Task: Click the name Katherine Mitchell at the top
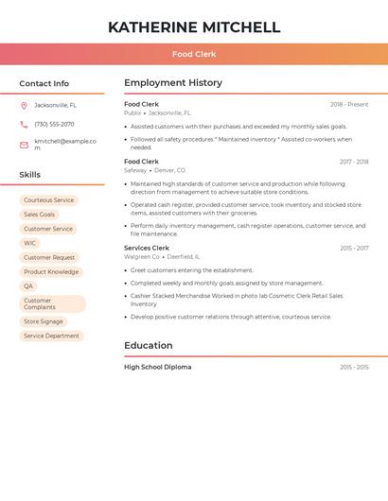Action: pos(194,27)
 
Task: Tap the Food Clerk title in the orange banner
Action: pos(194,54)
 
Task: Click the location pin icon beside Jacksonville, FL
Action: pos(24,105)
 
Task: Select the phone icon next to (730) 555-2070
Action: pos(24,124)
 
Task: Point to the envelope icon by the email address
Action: pos(24,145)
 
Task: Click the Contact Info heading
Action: pos(44,83)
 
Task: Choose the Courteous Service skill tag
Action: pos(48,200)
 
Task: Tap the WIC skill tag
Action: pos(30,243)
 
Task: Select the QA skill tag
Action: pos(28,285)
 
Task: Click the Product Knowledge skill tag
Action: pos(51,271)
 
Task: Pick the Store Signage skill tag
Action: pos(44,321)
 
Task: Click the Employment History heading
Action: pos(173,83)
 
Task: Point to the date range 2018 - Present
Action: pos(349,104)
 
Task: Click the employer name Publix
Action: pos(132,112)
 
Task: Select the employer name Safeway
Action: pos(135,170)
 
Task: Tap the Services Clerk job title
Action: pos(147,248)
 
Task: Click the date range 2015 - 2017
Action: pos(354,248)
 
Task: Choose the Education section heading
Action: pos(149,346)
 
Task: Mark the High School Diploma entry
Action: pos(157,367)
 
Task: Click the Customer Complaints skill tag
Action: pos(52,303)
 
